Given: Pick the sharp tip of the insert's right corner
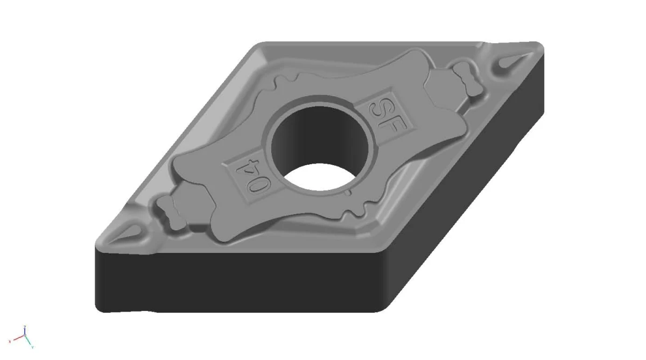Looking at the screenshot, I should coord(541,46).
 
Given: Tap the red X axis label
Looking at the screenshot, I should coord(10,341).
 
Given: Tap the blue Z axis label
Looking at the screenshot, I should coord(24,327).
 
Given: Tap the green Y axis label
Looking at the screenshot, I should coord(33,347).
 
